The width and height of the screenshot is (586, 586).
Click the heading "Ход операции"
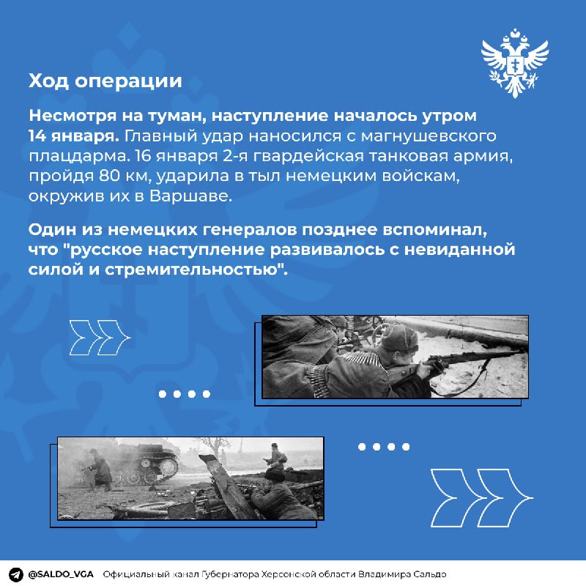pos(105,81)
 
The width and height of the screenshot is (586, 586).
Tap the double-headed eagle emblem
pos(515,63)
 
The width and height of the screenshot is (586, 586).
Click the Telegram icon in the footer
pos(15,574)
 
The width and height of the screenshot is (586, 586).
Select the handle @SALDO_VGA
pos(61,574)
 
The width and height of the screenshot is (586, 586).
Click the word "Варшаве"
pos(190,196)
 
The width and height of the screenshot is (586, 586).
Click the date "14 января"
pos(74,136)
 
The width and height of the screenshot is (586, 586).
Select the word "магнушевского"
pos(429,136)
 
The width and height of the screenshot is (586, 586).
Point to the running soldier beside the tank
pos(97,470)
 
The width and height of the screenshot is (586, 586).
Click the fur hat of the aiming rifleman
pos(398,337)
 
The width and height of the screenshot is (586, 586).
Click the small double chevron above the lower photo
pos(100,338)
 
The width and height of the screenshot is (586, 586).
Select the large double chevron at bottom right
pos(482,498)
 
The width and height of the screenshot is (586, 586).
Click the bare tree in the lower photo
pos(214,448)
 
